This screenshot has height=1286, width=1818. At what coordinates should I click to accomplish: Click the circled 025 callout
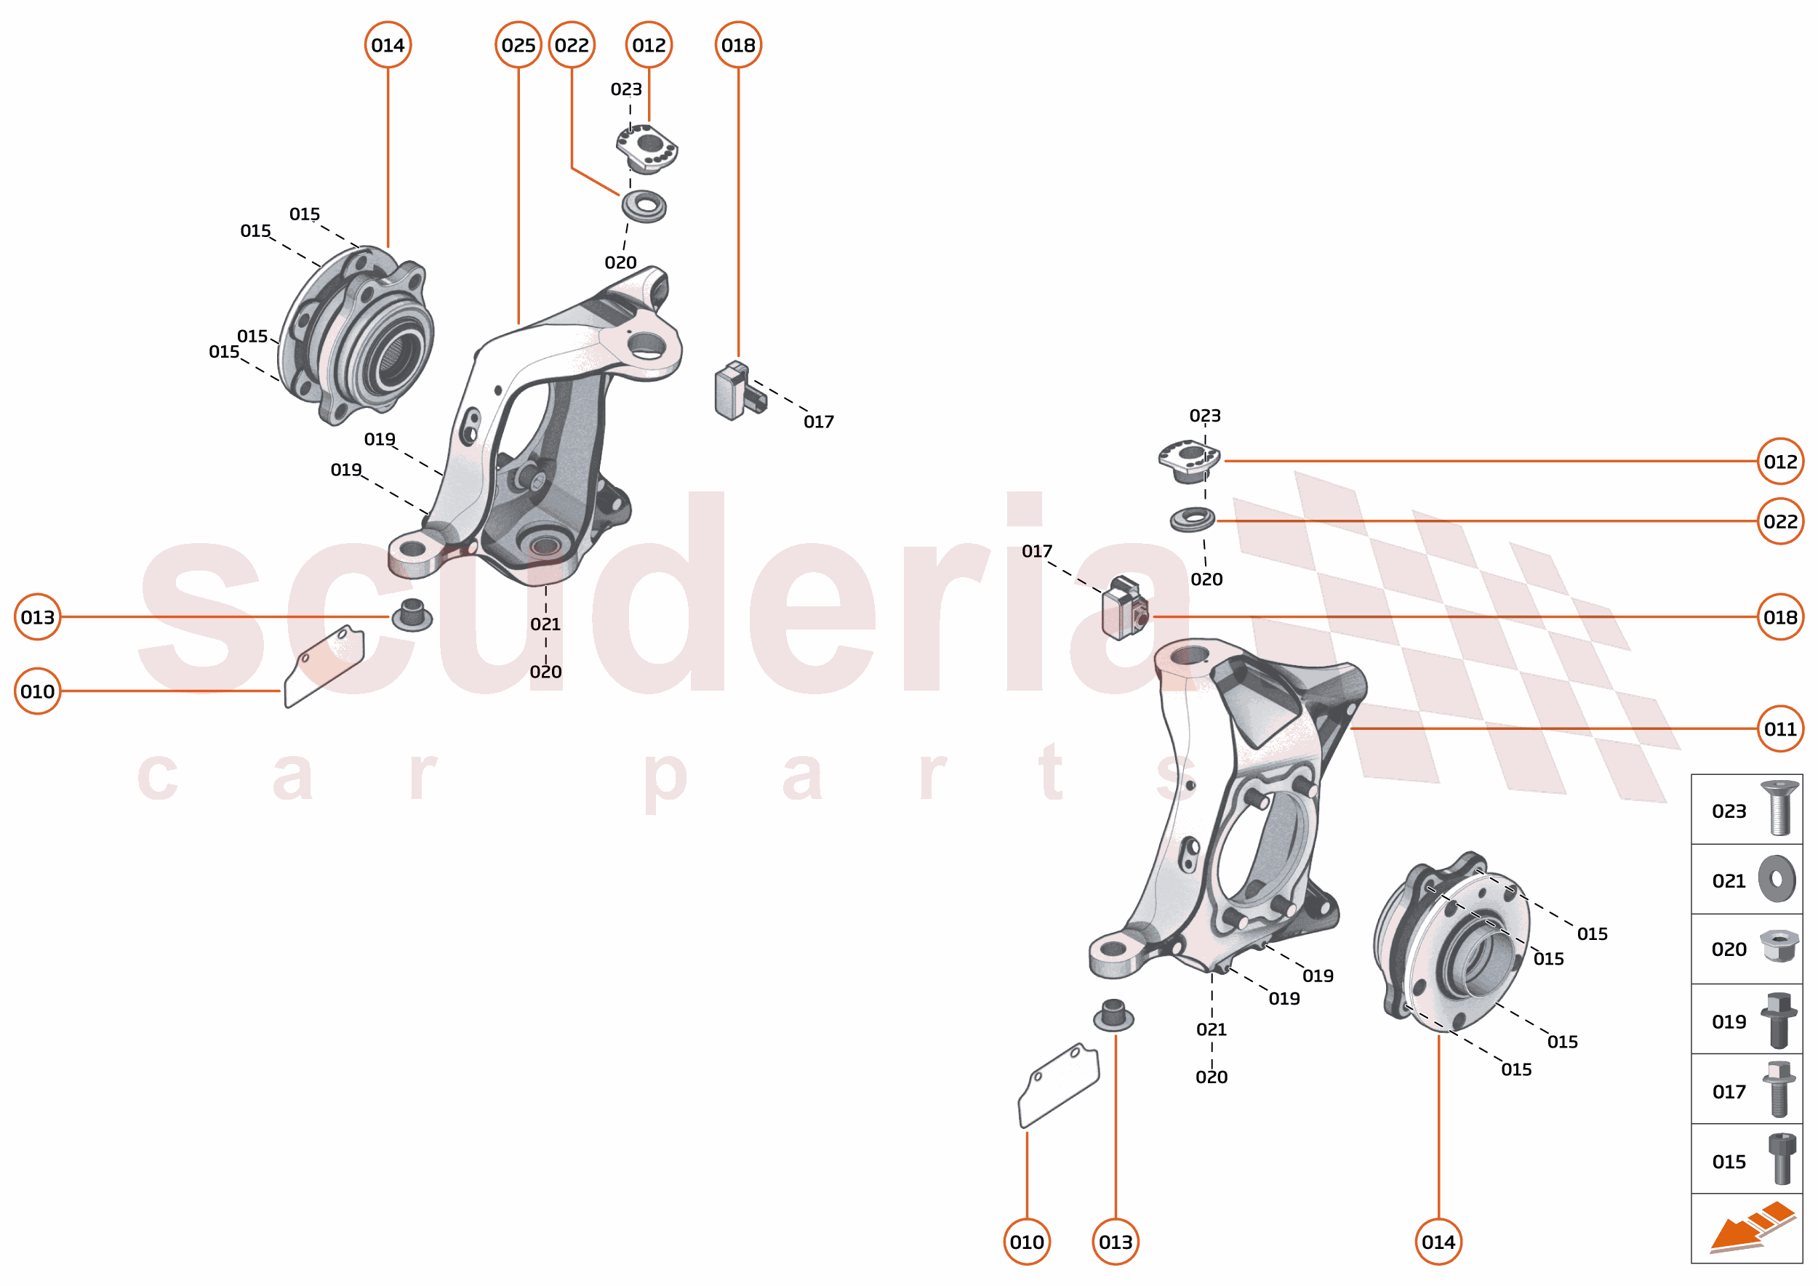(x=518, y=45)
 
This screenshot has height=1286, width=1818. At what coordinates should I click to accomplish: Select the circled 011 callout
(x=1780, y=728)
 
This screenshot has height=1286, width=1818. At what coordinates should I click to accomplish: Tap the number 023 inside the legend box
(x=1729, y=811)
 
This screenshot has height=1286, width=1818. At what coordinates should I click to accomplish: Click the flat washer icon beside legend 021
(x=1777, y=878)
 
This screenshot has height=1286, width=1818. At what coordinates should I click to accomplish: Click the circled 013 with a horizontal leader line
(x=37, y=617)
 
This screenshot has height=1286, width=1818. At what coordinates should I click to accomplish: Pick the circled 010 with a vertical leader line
(x=1027, y=1242)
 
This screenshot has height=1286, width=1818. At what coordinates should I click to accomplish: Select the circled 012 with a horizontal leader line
(x=1780, y=462)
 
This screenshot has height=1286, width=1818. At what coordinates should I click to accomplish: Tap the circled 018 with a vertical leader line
(x=737, y=45)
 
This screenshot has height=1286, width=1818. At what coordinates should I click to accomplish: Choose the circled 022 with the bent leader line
(x=571, y=45)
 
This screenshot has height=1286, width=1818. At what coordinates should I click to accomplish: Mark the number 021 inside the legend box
(x=1729, y=880)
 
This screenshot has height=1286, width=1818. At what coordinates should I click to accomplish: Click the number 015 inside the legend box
(x=1729, y=1162)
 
